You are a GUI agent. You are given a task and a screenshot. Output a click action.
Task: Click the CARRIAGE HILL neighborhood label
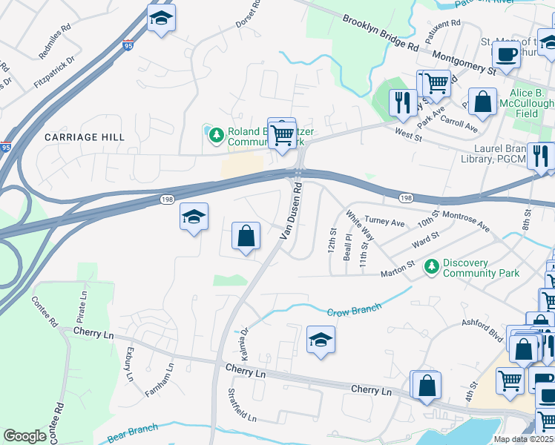pyautogui.click(x=85, y=137)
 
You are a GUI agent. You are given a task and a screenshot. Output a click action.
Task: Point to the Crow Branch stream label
pyautogui.click(x=353, y=309)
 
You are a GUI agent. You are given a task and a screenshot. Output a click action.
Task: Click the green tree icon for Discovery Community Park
pyautogui.click(x=431, y=266)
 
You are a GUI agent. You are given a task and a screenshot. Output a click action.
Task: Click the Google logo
pyautogui.click(x=24, y=436)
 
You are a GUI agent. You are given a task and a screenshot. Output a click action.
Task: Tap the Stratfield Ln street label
pyautogui.click(x=243, y=405)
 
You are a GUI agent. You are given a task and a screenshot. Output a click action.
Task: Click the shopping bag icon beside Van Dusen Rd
pyautogui.click(x=246, y=237)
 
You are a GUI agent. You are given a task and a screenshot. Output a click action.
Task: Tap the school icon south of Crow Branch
pyautogui.click(x=321, y=340)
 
